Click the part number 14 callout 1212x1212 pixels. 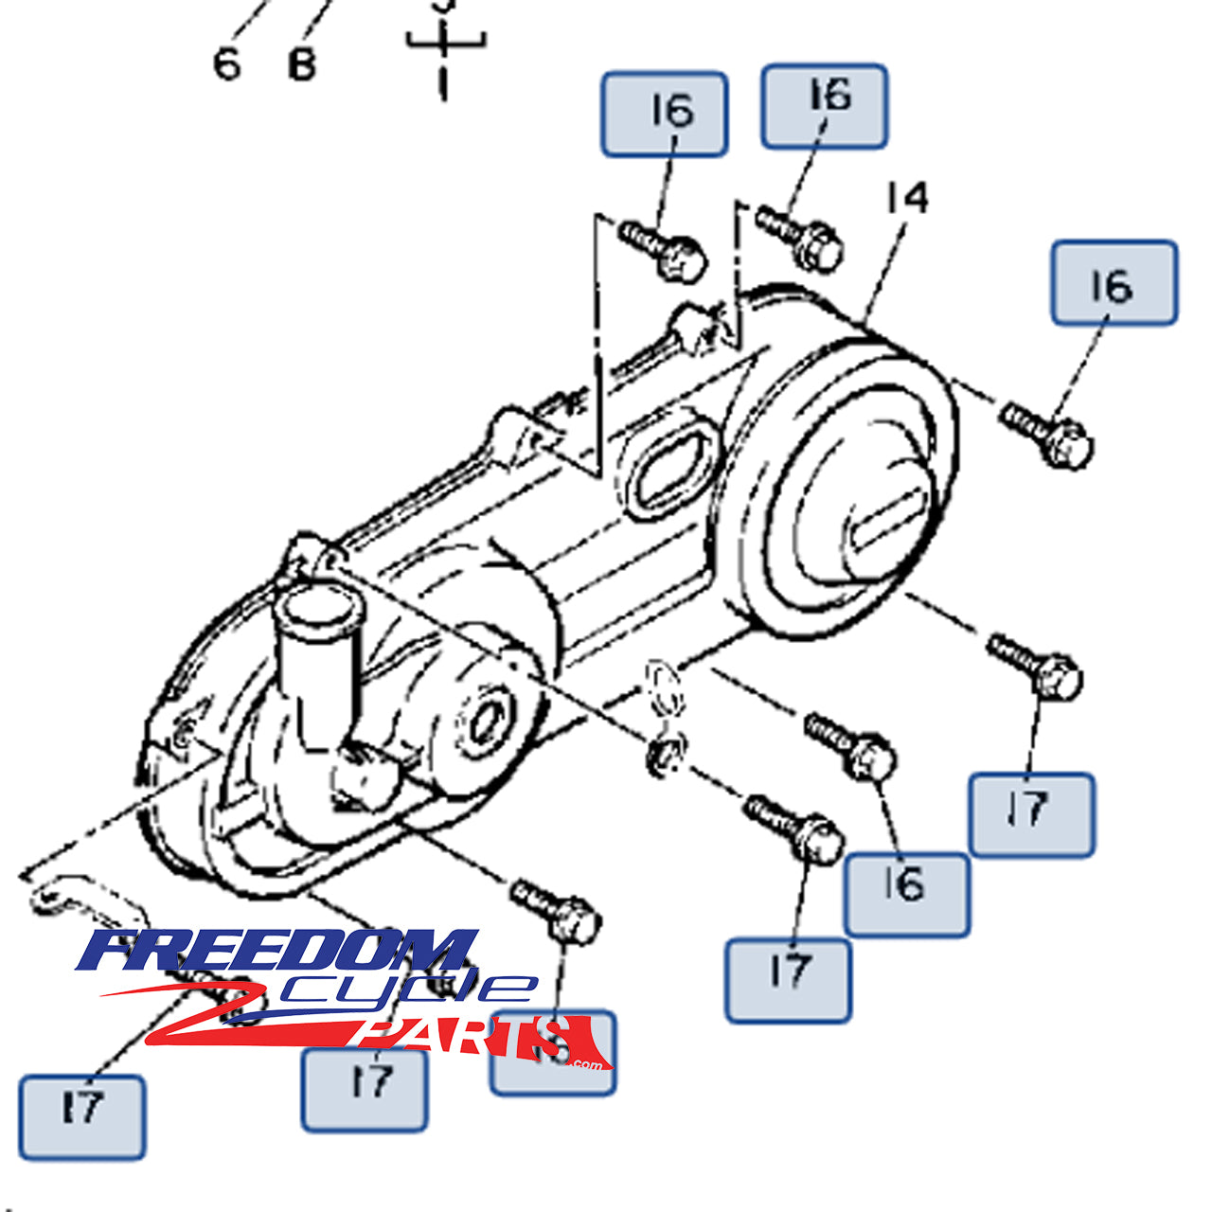coord(907,199)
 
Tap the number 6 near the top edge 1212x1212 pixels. coord(227,64)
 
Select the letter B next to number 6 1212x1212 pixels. coord(301,64)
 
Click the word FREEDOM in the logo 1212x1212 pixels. coord(275,951)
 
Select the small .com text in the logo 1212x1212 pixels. coord(586,1064)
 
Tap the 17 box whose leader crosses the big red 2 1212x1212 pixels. coord(82,1117)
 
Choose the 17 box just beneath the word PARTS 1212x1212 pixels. coord(365,1090)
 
